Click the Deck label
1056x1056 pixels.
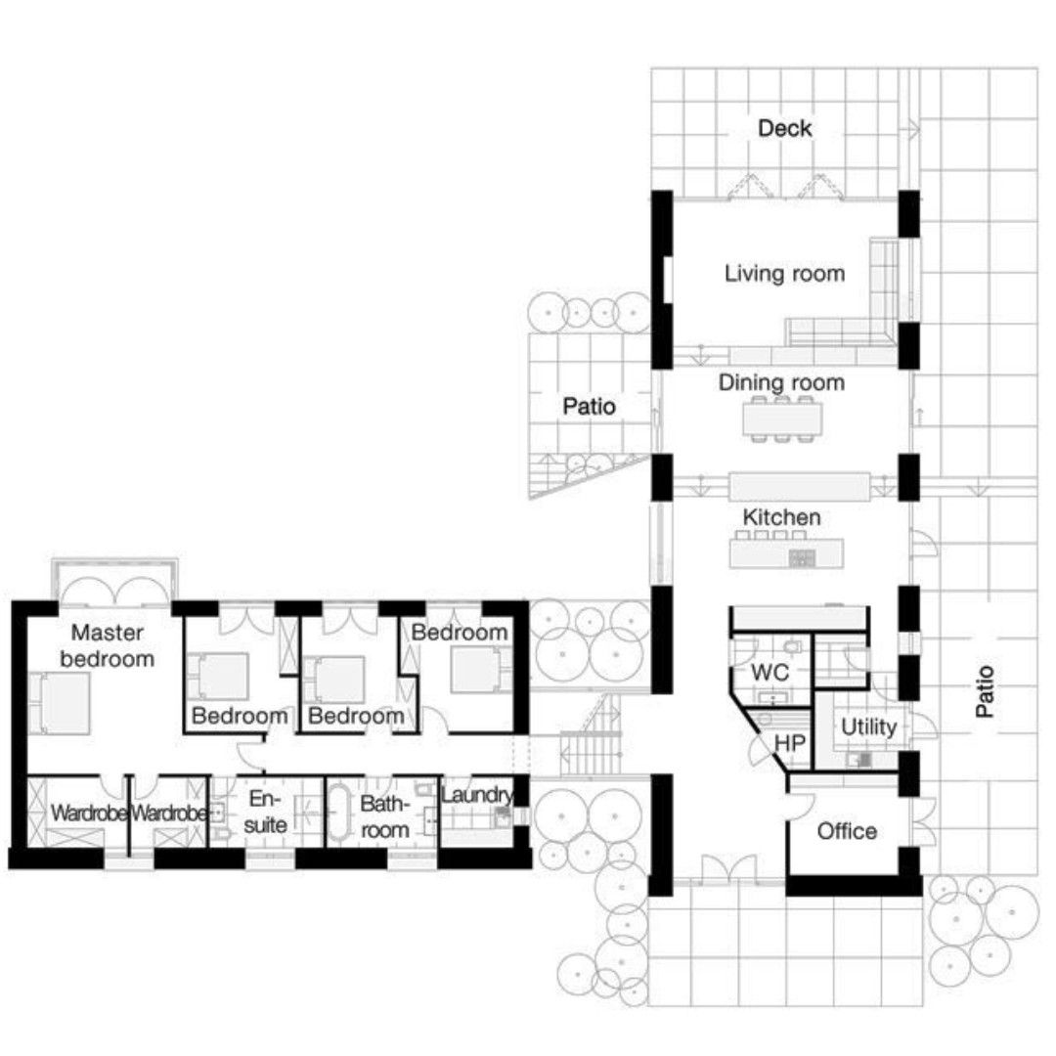tap(784, 128)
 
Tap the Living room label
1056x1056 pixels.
tap(784, 274)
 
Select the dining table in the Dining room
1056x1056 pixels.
tap(782, 418)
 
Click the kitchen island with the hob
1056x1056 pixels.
tap(786, 552)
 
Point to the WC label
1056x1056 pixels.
tap(770, 672)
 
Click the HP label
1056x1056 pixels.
tap(789, 743)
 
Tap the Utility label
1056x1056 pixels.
tap(868, 727)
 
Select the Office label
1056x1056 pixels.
tap(847, 831)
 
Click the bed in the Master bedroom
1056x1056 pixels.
tap(60, 702)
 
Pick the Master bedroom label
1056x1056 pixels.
tap(108, 645)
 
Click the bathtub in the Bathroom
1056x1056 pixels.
tap(338, 811)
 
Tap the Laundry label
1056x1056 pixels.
tap(477, 795)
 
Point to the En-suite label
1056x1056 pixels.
tap(265, 812)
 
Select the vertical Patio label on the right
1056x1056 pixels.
tap(984, 691)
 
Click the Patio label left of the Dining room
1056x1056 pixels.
tap(589, 406)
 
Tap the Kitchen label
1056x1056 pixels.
tap(781, 517)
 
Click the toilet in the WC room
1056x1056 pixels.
tap(793, 647)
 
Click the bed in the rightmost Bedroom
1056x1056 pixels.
tap(480, 670)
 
